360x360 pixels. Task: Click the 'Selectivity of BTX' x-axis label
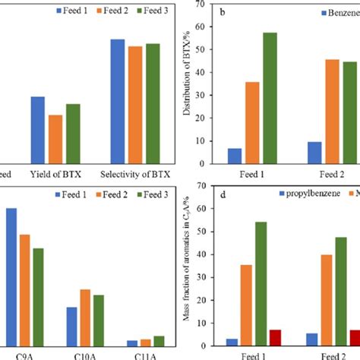point(134,174)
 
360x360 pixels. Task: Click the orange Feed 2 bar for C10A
point(85,317)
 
